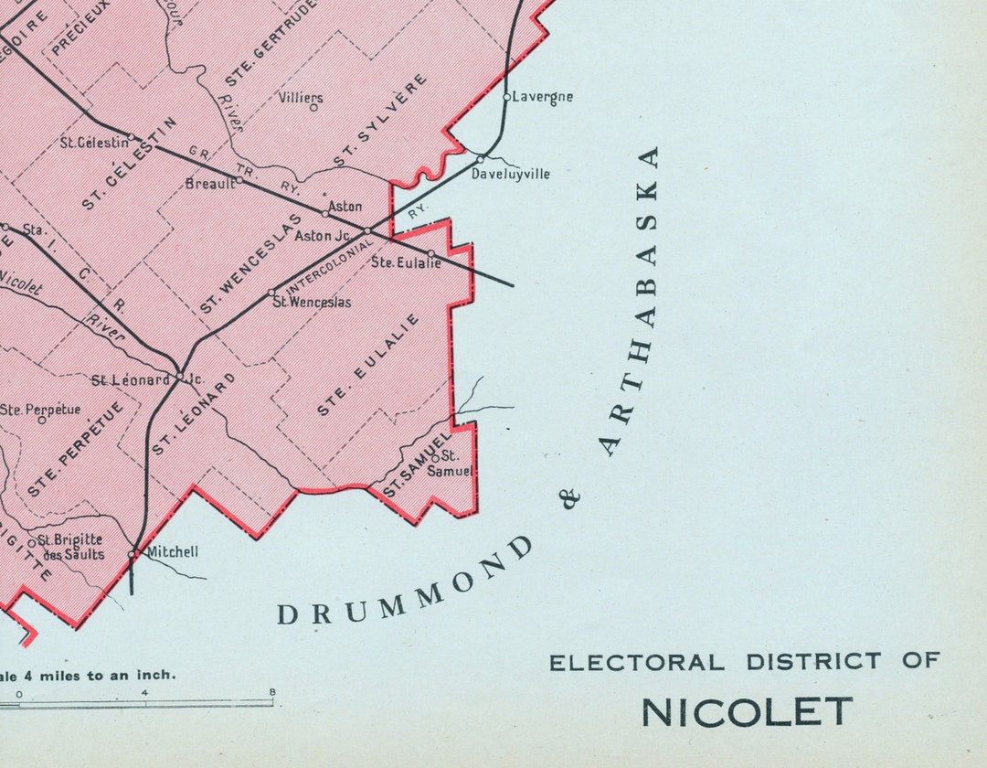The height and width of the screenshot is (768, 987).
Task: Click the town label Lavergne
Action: click(x=543, y=96)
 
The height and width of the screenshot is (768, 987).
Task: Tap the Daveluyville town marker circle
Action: click(x=481, y=158)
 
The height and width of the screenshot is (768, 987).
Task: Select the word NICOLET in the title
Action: click(x=747, y=711)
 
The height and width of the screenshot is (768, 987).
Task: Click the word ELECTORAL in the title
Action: click(x=637, y=662)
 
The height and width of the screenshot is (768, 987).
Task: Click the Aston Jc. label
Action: click(x=323, y=236)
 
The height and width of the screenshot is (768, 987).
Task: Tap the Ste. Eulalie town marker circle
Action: click(x=430, y=253)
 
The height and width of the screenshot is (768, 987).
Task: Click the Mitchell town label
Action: click(x=172, y=551)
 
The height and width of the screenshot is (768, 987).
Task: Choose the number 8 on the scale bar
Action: click(x=272, y=692)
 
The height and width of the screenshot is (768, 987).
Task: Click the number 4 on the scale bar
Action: click(x=144, y=692)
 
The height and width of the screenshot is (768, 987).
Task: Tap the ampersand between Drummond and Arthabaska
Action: click(x=572, y=498)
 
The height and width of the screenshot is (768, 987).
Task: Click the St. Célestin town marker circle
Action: click(x=132, y=138)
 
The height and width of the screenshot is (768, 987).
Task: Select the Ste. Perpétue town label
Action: click(x=40, y=410)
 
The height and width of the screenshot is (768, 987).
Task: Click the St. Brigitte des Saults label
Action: click(x=70, y=547)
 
